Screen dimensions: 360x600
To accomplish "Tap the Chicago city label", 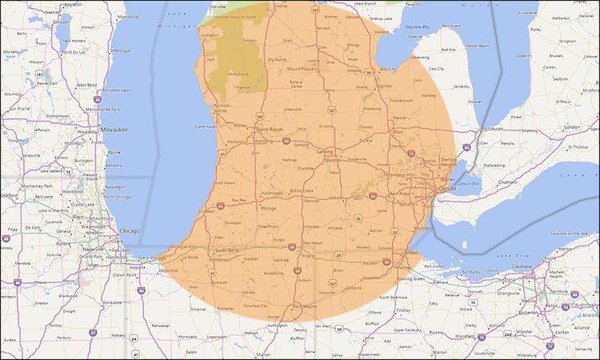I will [x=129, y=230].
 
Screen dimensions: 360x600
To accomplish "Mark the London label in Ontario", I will [x=573, y=127].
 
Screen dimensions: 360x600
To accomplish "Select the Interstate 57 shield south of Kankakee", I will [x=94, y=331].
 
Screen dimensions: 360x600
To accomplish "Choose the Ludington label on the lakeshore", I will [x=210, y=35].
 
